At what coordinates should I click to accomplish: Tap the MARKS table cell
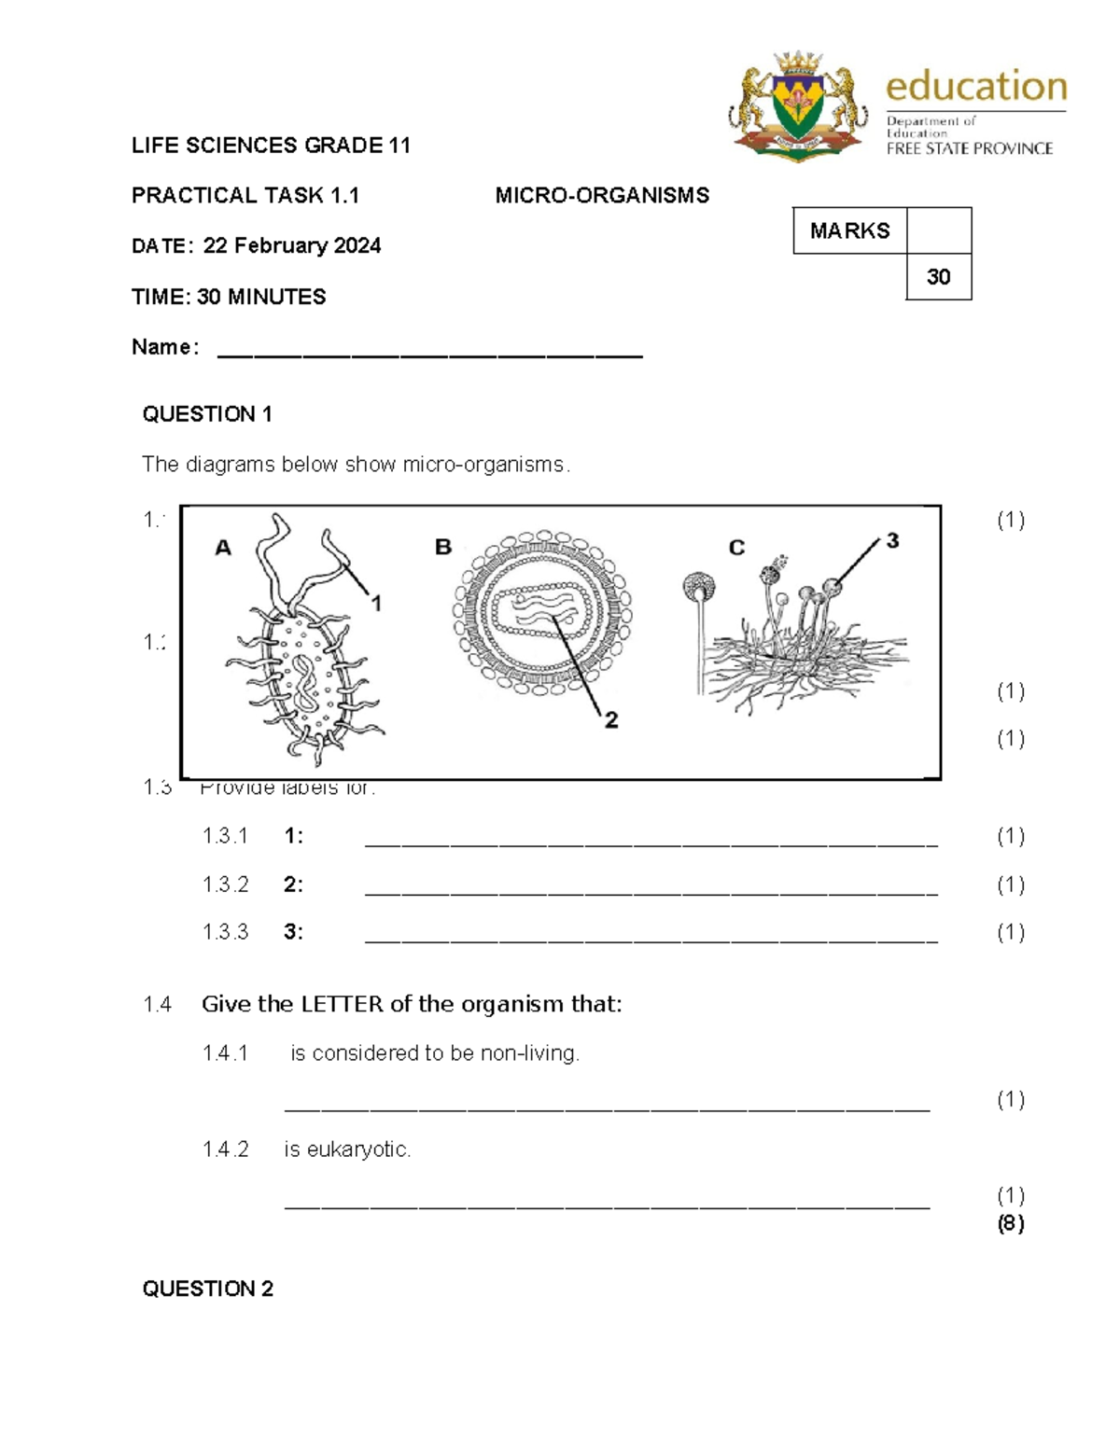(849, 230)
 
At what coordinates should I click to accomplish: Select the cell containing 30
(938, 276)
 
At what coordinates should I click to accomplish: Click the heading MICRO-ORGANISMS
(602, 195)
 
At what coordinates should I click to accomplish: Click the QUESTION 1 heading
(207, 414)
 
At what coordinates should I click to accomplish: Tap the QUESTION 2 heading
(207, 1289)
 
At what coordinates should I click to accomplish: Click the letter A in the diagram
(223, 548)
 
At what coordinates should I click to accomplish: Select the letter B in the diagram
(443, 547)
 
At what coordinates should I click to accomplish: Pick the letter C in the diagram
(736, 548)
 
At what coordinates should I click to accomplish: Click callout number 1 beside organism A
(376, 604)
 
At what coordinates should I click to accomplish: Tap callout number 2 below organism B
(610, 719)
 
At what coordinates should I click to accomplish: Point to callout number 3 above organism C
(892, 540)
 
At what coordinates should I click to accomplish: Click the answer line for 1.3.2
(651, 891)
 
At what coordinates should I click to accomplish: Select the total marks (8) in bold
(1010, 1223)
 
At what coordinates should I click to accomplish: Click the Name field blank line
(429, 355)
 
